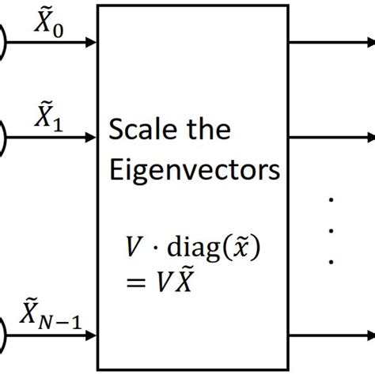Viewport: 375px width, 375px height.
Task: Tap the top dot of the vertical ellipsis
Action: [x=332, y=202]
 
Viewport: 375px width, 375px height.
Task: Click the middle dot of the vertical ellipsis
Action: [x=332, y=231]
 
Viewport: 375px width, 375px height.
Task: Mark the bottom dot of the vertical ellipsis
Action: [x=332, y=260]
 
